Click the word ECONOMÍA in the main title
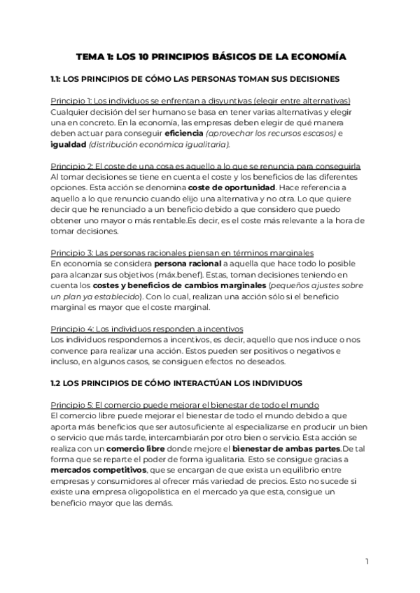313,56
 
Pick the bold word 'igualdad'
68,144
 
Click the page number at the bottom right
367,562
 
